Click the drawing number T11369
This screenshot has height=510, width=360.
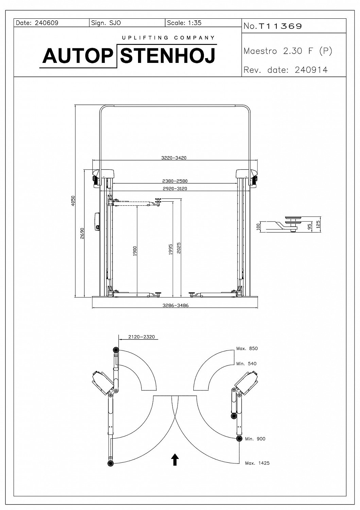(x=280, y=26)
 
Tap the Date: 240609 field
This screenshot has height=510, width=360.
(x=37, y=23)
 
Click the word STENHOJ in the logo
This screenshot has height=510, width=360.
(x=168, y=56)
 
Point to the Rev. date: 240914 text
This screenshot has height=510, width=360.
(x=286, y=70)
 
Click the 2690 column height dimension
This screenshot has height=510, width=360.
(x=82, y=233)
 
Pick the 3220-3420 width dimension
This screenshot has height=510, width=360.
(x=174, y=158)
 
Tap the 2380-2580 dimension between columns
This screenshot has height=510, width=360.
(x=175, y=181)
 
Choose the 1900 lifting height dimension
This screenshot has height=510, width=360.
(x=135, y=251)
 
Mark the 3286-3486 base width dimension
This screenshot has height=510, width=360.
(x=175, y=305)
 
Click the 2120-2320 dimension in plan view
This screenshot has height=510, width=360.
(x=141, y=337)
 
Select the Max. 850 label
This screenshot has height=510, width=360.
(x=247, y=348)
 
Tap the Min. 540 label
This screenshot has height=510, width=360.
(x=246, y=363)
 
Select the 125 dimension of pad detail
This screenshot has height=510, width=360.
(x=319, y=225)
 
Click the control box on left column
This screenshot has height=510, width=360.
(x=97, y=221)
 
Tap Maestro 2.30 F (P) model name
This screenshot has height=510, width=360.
(x=288, y=51)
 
